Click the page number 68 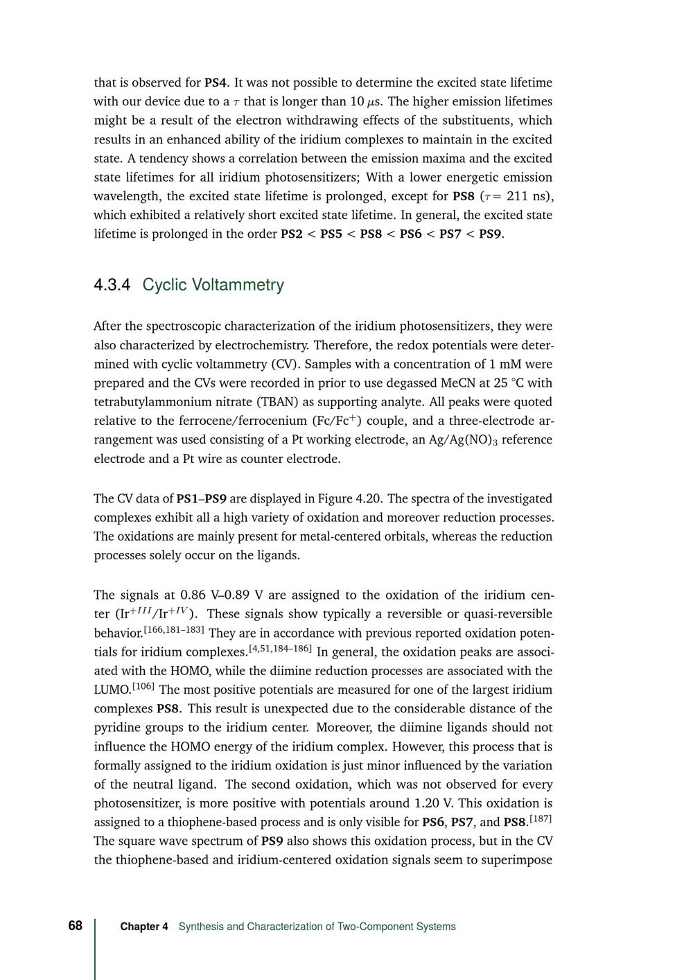click(75, 926)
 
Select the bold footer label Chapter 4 click(144, 927)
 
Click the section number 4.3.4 click(112, 285)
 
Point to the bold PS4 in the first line click(216, 82)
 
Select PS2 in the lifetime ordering click(291, 234)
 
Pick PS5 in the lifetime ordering click(331, 234)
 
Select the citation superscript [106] click(143, 687)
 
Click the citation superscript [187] click(541, 820)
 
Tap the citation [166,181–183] click(174, 629)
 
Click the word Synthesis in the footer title click(200, 927)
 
